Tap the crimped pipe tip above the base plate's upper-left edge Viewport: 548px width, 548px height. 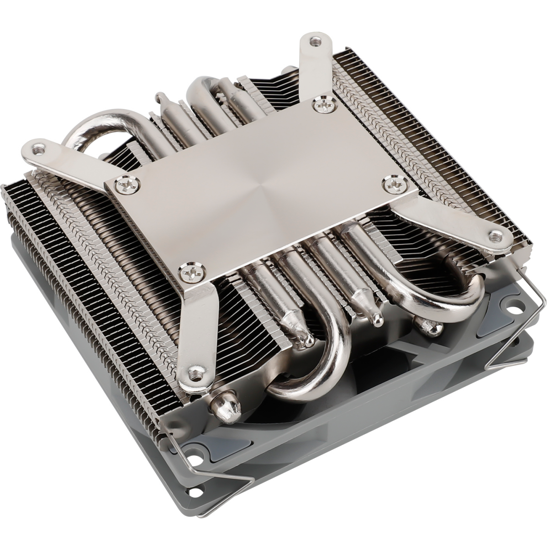159,97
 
